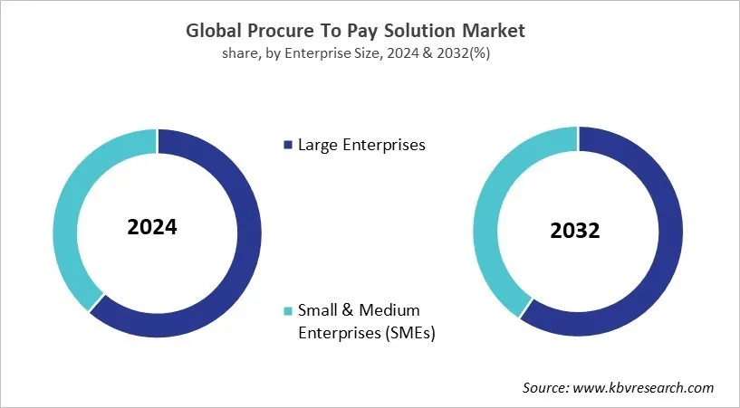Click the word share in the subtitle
point(239,53)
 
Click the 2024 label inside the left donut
point(152,227)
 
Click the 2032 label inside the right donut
point(574,231)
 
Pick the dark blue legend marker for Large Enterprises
point(288,145)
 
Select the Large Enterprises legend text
point(361,145)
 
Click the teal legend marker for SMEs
point(288,311)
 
